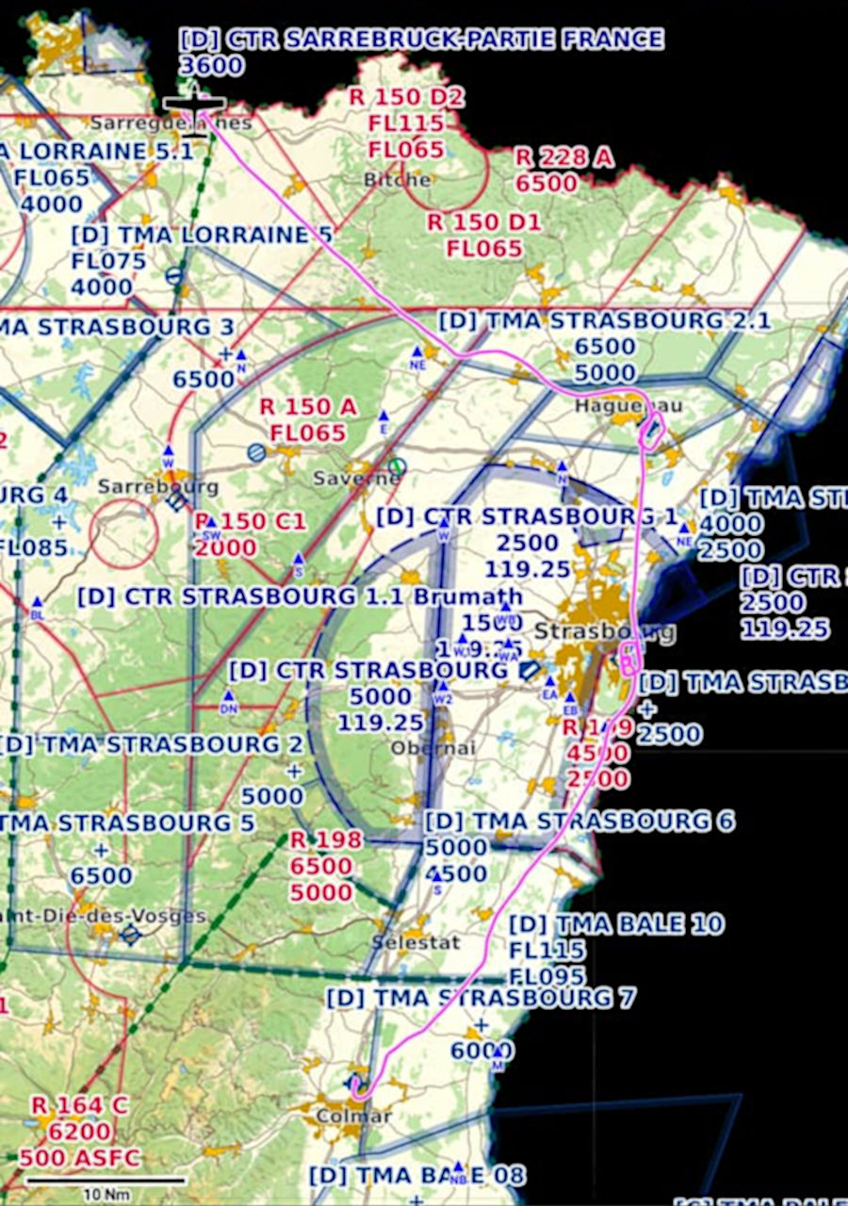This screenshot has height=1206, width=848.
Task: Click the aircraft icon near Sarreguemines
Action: (194, 106)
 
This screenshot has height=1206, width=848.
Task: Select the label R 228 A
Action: (563, 157)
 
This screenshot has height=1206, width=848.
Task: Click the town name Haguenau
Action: (628, 406)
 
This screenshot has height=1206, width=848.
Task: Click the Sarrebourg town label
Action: (158, 487)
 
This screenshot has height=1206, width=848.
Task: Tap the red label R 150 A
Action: (308, 407)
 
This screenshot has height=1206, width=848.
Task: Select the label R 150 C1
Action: (251, 522)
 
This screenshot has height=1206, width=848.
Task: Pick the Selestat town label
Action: (416, 942)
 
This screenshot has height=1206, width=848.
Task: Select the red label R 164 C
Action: (79, 1105)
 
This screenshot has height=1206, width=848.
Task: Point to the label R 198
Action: (325, 839)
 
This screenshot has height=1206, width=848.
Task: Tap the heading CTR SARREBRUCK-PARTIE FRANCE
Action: (421, 40)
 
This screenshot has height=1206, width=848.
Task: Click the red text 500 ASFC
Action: (79, 1158)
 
